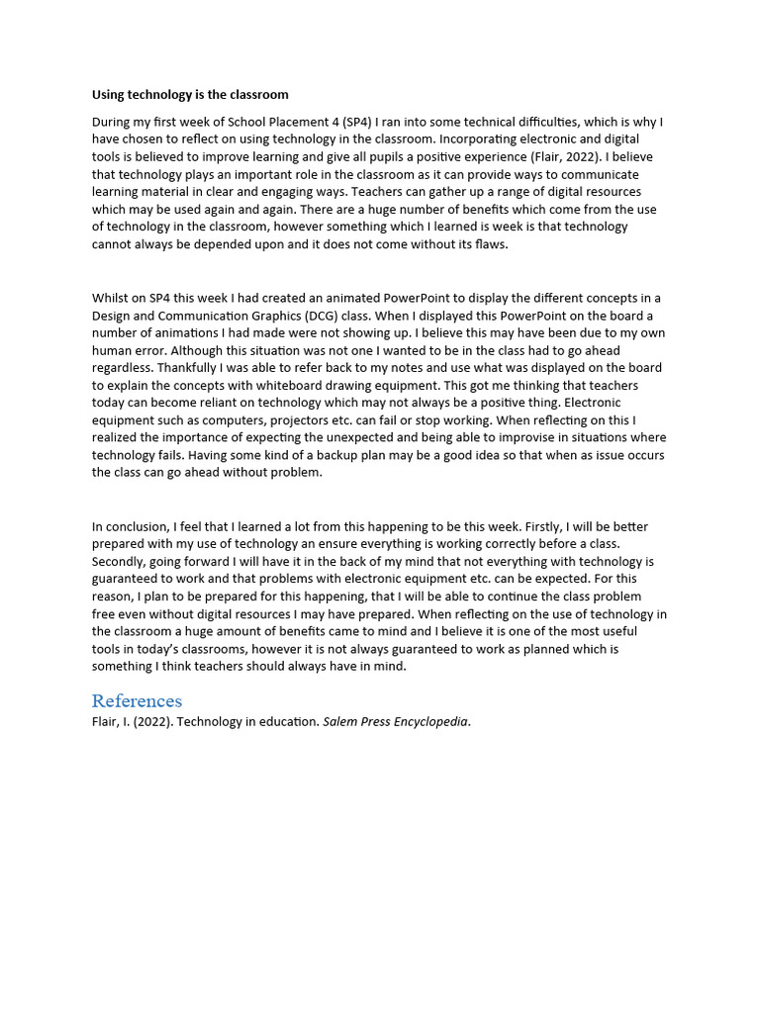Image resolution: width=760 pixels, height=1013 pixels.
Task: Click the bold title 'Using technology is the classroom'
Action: [190, 95]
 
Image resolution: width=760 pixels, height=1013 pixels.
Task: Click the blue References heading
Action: [137, 700]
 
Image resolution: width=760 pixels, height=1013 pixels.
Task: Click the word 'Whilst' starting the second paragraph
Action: [111, 299]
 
